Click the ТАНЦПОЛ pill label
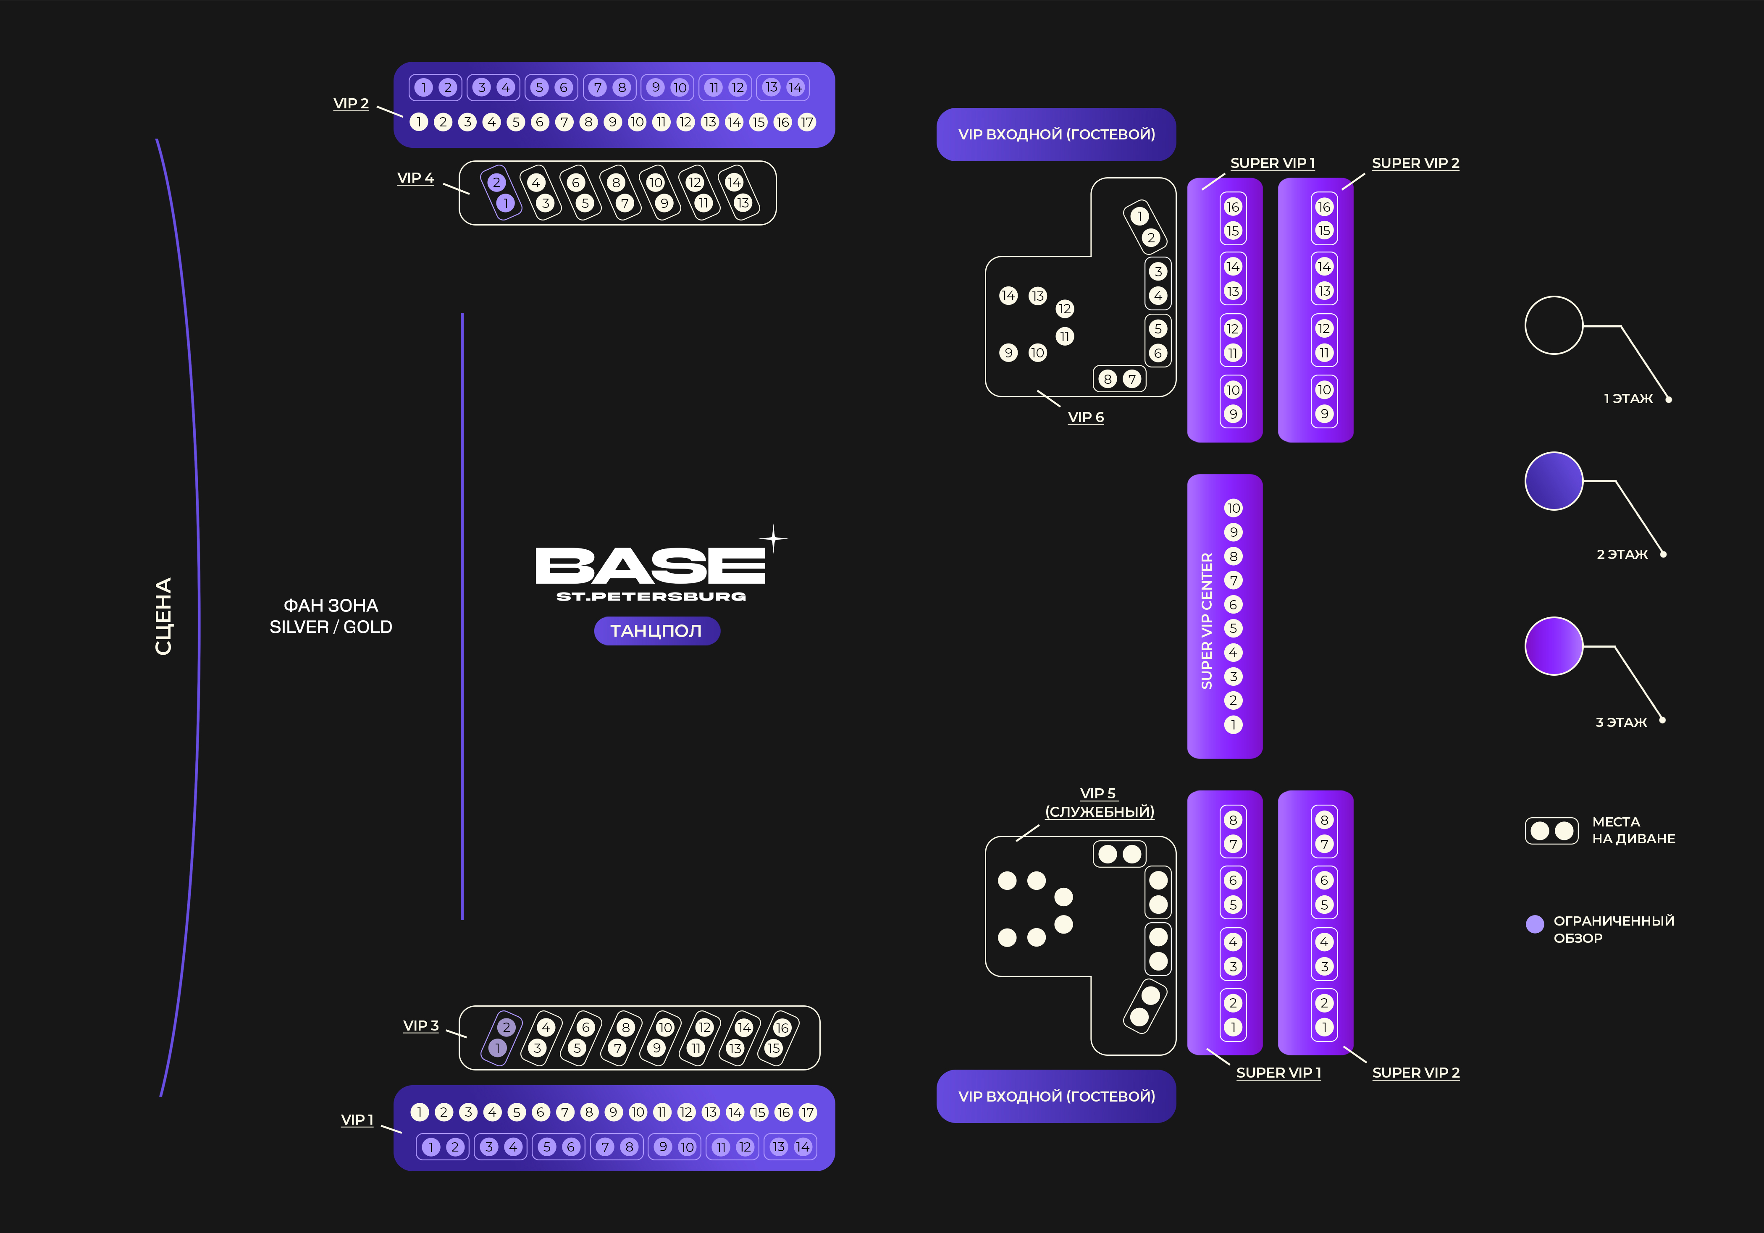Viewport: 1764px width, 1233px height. (x=656, y=631)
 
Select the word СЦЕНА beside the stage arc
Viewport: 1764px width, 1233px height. (x=163, y=616)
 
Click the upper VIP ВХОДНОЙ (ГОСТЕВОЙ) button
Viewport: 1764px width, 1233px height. (x=1055, y=134)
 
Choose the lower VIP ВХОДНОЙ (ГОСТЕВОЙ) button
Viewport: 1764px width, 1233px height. (x=1055, y=1096)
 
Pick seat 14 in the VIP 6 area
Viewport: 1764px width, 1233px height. (x=1008, y=296)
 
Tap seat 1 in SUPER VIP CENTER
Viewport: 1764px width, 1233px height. (x=1233, y=724)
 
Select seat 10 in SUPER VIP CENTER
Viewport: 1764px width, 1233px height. (x=1233, y=508)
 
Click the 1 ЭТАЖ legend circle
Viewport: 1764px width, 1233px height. (x=1554, y=325)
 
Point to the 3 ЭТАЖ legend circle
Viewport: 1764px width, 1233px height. (x=1554, y=646)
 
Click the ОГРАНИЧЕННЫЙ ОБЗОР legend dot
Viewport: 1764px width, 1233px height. (x=1535, y=924)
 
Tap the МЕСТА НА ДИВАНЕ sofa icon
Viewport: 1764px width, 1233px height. (x=1551, y=830)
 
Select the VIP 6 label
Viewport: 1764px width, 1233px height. (x=1086, y=417)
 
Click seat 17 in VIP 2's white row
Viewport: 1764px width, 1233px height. (x=807, y=122)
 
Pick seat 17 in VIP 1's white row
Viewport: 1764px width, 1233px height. (x=808, y=1112)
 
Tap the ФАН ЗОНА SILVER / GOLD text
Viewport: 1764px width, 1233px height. (x=331, y=616)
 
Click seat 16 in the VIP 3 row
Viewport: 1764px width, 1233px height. (x=782, y=1028)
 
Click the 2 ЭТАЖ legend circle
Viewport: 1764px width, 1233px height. (x=1554, y=481)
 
